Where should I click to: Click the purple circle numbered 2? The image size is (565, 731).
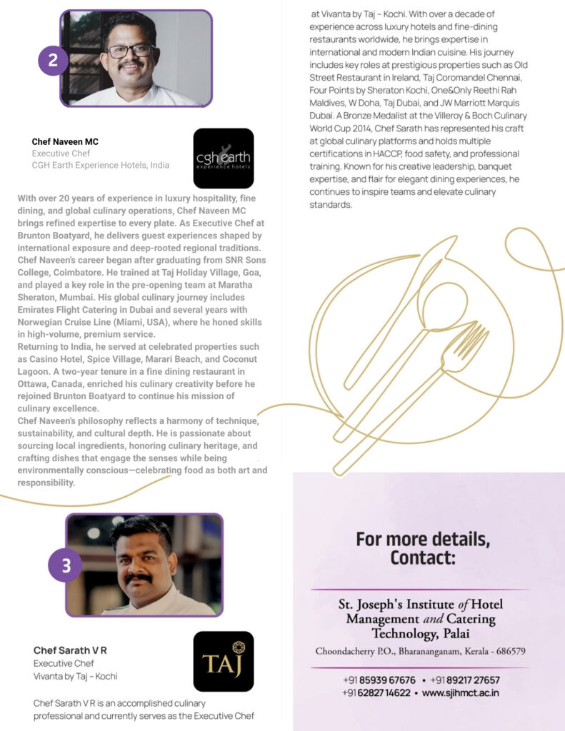click(x=53, y=61)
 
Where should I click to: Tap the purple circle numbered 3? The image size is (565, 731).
click(x=65, y=565)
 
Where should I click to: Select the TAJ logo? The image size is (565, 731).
click(x=223, y=661)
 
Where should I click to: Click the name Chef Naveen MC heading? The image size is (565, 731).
click(x=65, y=141)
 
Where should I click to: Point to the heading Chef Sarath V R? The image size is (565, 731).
click(x=70, y=650)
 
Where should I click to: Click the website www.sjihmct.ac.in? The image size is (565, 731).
click(x=461, y=692)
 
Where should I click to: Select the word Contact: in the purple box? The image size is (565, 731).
click(x=422, y=556)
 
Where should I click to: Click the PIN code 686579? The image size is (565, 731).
click(x=506, y=651)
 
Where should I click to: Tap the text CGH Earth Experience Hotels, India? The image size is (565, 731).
click(x=101, y=165)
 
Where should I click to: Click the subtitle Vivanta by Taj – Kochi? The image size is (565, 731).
click(x=76, y=676)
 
